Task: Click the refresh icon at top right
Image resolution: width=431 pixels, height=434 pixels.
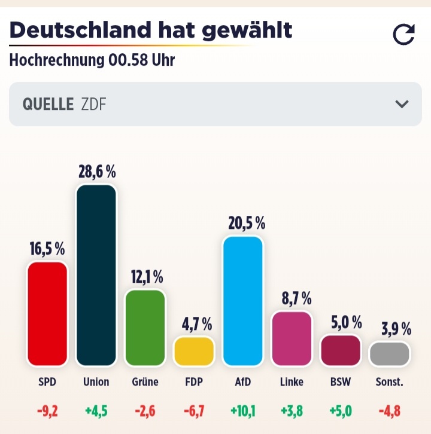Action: tap(403, 35)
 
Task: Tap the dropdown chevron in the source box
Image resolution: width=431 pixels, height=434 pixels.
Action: tap(402, 104)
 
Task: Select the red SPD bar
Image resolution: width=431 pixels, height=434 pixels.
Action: tap(47, 313)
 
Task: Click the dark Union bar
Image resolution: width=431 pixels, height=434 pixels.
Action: tap(96, 275)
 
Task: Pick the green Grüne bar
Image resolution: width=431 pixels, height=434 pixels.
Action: tap(145, 328)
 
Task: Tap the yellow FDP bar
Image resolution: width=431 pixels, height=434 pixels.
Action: tap(193, 351)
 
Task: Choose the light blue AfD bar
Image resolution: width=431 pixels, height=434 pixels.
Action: tap(242, 301)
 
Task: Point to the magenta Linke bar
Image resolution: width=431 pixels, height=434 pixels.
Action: tap(292, 338)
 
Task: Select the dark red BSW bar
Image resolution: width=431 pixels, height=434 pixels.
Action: tap(341, 350)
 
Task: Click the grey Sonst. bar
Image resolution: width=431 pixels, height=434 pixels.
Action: tap(390, 353)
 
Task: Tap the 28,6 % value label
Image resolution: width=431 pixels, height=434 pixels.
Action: tap(96, 172)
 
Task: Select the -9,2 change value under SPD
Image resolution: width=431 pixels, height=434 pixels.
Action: tap(47, 411)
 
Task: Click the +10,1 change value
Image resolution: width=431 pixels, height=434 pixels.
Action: tap(242, 411)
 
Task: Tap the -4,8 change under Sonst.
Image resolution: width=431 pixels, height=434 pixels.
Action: tap(390, 411)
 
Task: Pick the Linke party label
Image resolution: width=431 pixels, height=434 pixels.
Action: tap(292, 381)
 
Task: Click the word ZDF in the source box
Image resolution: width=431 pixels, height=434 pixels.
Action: tap(94, 104)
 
